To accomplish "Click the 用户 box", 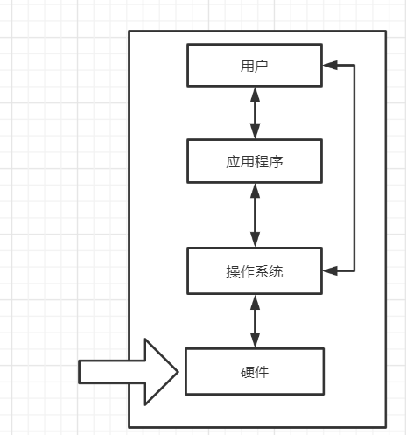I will (255, 65).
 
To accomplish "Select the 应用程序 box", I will (255, 161).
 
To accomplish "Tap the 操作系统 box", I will (255, 270).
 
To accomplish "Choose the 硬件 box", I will (255, 371).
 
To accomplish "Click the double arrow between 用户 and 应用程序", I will (255, 113).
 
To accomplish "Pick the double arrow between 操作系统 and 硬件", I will (255, 320).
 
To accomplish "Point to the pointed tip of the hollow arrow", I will (178, 371).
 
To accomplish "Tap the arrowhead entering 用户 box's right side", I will (330, 65).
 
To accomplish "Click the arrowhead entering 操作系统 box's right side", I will (330, 270).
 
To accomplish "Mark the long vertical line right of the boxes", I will (354, 166).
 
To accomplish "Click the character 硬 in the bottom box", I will (247, 371).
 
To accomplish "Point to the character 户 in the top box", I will (262, 65).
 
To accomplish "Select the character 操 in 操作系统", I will (232, 271).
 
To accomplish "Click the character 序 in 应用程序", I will (277, 162).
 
